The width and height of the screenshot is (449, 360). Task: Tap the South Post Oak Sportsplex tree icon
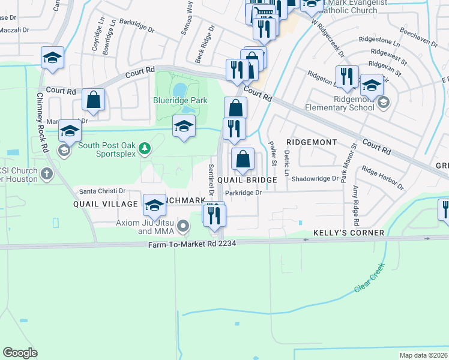coord(143,148)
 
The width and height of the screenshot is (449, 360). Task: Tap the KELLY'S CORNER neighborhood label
coord(349,233)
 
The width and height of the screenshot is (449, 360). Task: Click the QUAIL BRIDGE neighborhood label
coord(247,180)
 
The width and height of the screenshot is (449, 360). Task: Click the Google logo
coord(20,353)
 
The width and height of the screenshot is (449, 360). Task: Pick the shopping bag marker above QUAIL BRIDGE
coord(243,160)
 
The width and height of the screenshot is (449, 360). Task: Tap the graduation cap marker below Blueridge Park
coord(184,126)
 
